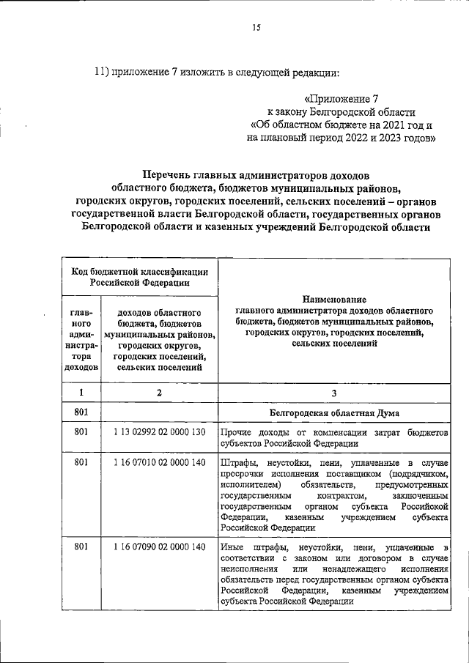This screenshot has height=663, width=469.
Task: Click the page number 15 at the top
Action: pyautogui.click(x=256, y=28)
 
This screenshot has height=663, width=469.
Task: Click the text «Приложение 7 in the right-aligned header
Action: pyautogui.click(x=341, y=97)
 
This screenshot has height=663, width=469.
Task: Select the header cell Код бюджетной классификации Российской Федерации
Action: pyautogui.click(x=138, y=275)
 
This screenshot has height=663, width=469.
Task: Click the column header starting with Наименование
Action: pyautogui.click(x=333, y=300)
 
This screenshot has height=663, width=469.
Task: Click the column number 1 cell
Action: pyautogui.click(x=81, y=392)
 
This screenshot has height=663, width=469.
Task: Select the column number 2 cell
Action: pyautogui.click(x=158, y=392)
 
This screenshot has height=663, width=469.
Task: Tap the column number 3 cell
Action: pyautogui.click(x=333, y=392)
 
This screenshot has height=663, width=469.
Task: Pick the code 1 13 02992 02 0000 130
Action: pyautogui.click(x=158, y=434)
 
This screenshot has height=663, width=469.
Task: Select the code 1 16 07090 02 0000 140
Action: pyautogui.click(x=158, y=547)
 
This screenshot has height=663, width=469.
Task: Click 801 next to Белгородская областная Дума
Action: pyautogui.click(x=81, y=412)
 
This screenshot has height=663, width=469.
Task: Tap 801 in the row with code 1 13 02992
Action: pyautogui.click(x=81, y=434)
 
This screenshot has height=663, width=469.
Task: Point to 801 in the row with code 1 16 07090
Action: pyautogui.click(x=81, y=547)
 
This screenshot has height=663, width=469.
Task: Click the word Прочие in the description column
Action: pyautogui.click(x=234, y=434)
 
